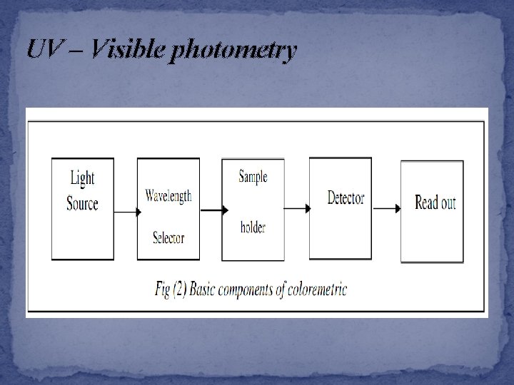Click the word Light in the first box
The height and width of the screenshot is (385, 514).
coord(82,178)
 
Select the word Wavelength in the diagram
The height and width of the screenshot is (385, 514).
coord(168,195)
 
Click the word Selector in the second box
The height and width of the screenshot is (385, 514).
coord(168,237)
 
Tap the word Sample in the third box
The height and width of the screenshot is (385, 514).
coord(253,177)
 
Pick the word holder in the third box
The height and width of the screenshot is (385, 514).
coord(253,228)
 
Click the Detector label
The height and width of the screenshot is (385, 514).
coord(346,197)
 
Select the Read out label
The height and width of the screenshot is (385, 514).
coord(435,202)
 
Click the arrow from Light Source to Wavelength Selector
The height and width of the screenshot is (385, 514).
coord(125,211)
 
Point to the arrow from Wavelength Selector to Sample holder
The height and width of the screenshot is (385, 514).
coord(213,210)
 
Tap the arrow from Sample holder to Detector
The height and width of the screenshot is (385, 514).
coord(296,208)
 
